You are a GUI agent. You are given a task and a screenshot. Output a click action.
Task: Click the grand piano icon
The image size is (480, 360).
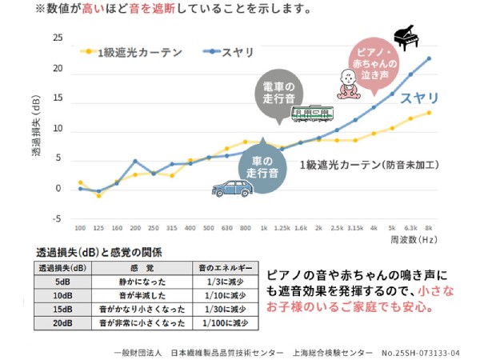point(406,38)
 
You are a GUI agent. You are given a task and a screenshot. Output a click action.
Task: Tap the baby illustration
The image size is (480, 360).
point(349,84)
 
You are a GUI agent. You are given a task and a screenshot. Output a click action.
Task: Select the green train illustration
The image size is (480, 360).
point(312,114)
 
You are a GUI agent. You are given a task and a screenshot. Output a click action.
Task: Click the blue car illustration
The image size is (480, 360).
point(232,188)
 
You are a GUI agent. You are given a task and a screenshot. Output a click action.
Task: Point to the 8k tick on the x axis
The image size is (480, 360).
point(429,228)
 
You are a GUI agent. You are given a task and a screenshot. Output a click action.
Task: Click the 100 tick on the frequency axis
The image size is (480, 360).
point(80,228)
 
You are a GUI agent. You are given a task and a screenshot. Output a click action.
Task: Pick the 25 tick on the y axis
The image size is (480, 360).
point(58,38)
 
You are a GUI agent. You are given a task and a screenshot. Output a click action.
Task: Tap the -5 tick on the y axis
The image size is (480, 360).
point(57,219)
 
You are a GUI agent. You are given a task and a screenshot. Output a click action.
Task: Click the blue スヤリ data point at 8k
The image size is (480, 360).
point(429,58)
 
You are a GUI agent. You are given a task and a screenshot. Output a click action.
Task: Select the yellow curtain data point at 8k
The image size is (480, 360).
point(429,113)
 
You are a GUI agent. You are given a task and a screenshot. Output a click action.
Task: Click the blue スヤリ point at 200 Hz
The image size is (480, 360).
point(135,161)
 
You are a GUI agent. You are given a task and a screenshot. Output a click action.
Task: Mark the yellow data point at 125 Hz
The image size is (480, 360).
point(98,196)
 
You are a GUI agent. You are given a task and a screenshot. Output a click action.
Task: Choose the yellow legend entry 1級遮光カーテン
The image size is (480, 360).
point(131,52)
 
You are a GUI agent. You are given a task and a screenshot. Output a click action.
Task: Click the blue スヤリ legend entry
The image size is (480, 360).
point(228,52)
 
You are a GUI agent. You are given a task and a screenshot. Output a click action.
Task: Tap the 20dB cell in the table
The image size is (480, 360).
point(62,323)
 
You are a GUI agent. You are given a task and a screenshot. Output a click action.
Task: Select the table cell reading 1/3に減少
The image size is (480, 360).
point(226,282)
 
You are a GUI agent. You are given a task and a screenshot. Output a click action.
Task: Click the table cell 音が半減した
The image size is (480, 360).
point(142,295)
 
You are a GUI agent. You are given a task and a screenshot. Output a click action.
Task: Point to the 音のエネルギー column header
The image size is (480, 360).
point(226,268)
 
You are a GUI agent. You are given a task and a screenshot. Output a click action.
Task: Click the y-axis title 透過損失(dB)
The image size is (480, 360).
point(36,126)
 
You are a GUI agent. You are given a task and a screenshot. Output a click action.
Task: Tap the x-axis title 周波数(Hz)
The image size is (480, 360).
point(414,240)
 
